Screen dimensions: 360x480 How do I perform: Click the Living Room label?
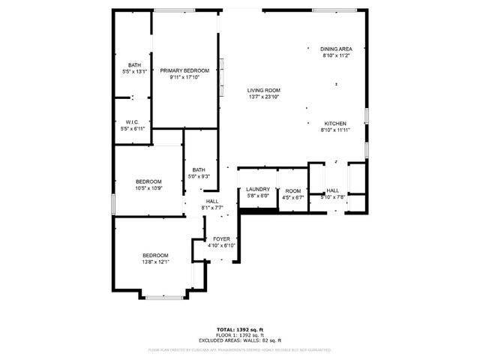[x=263, y=90]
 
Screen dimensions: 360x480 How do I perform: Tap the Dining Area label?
[x=335, y=49]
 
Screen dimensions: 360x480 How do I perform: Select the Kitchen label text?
[x=335, y=123]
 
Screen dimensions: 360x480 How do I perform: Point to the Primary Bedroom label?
[x=184, y=70]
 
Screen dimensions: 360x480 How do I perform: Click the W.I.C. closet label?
[x=133, y=122]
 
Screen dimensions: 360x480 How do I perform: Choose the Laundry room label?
[x=258, y=190]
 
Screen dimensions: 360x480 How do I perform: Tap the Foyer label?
[x=221, y=238]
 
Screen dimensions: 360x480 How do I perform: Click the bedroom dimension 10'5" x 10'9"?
[x=148, y=187]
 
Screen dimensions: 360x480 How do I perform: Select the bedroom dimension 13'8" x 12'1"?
[x=155, y=261]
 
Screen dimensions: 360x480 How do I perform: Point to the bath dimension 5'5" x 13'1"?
[x=134, y=71]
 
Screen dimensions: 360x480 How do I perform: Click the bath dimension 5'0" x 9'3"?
[x=199, y=176]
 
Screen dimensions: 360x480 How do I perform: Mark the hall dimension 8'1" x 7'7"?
[x=213, y=208]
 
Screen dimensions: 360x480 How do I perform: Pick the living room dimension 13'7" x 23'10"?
[x=263, y=97]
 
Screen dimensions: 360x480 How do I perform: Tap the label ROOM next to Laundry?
[x=292, y=190]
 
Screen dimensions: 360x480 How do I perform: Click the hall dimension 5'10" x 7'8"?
[x=332, y=197]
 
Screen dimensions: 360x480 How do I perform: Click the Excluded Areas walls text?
[x=240, y=340]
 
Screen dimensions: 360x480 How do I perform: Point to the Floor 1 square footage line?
[x=240, y=335]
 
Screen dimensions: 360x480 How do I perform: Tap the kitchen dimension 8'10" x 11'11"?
[x=335, y=130]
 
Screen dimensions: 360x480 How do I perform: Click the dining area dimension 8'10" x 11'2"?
[x=336, y=55]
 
